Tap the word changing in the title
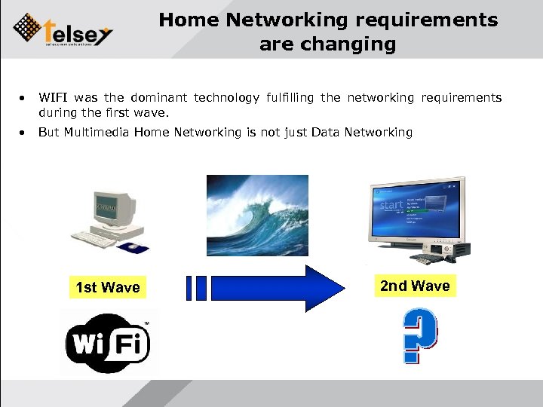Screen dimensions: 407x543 [x=356, y=44]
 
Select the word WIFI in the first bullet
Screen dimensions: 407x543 [x=54, y=98]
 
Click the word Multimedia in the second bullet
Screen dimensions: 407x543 [x=97, y=133]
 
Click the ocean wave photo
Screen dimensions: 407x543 [x=257, y=215]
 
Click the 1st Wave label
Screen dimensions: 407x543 [x=108, y=287]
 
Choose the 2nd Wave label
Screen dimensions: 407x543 [x=415, y=286]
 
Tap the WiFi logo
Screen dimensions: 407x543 [x=109, y=343]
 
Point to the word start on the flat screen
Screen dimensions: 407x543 [x=392, y=205]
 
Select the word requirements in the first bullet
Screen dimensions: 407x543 [x=461, y=98]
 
